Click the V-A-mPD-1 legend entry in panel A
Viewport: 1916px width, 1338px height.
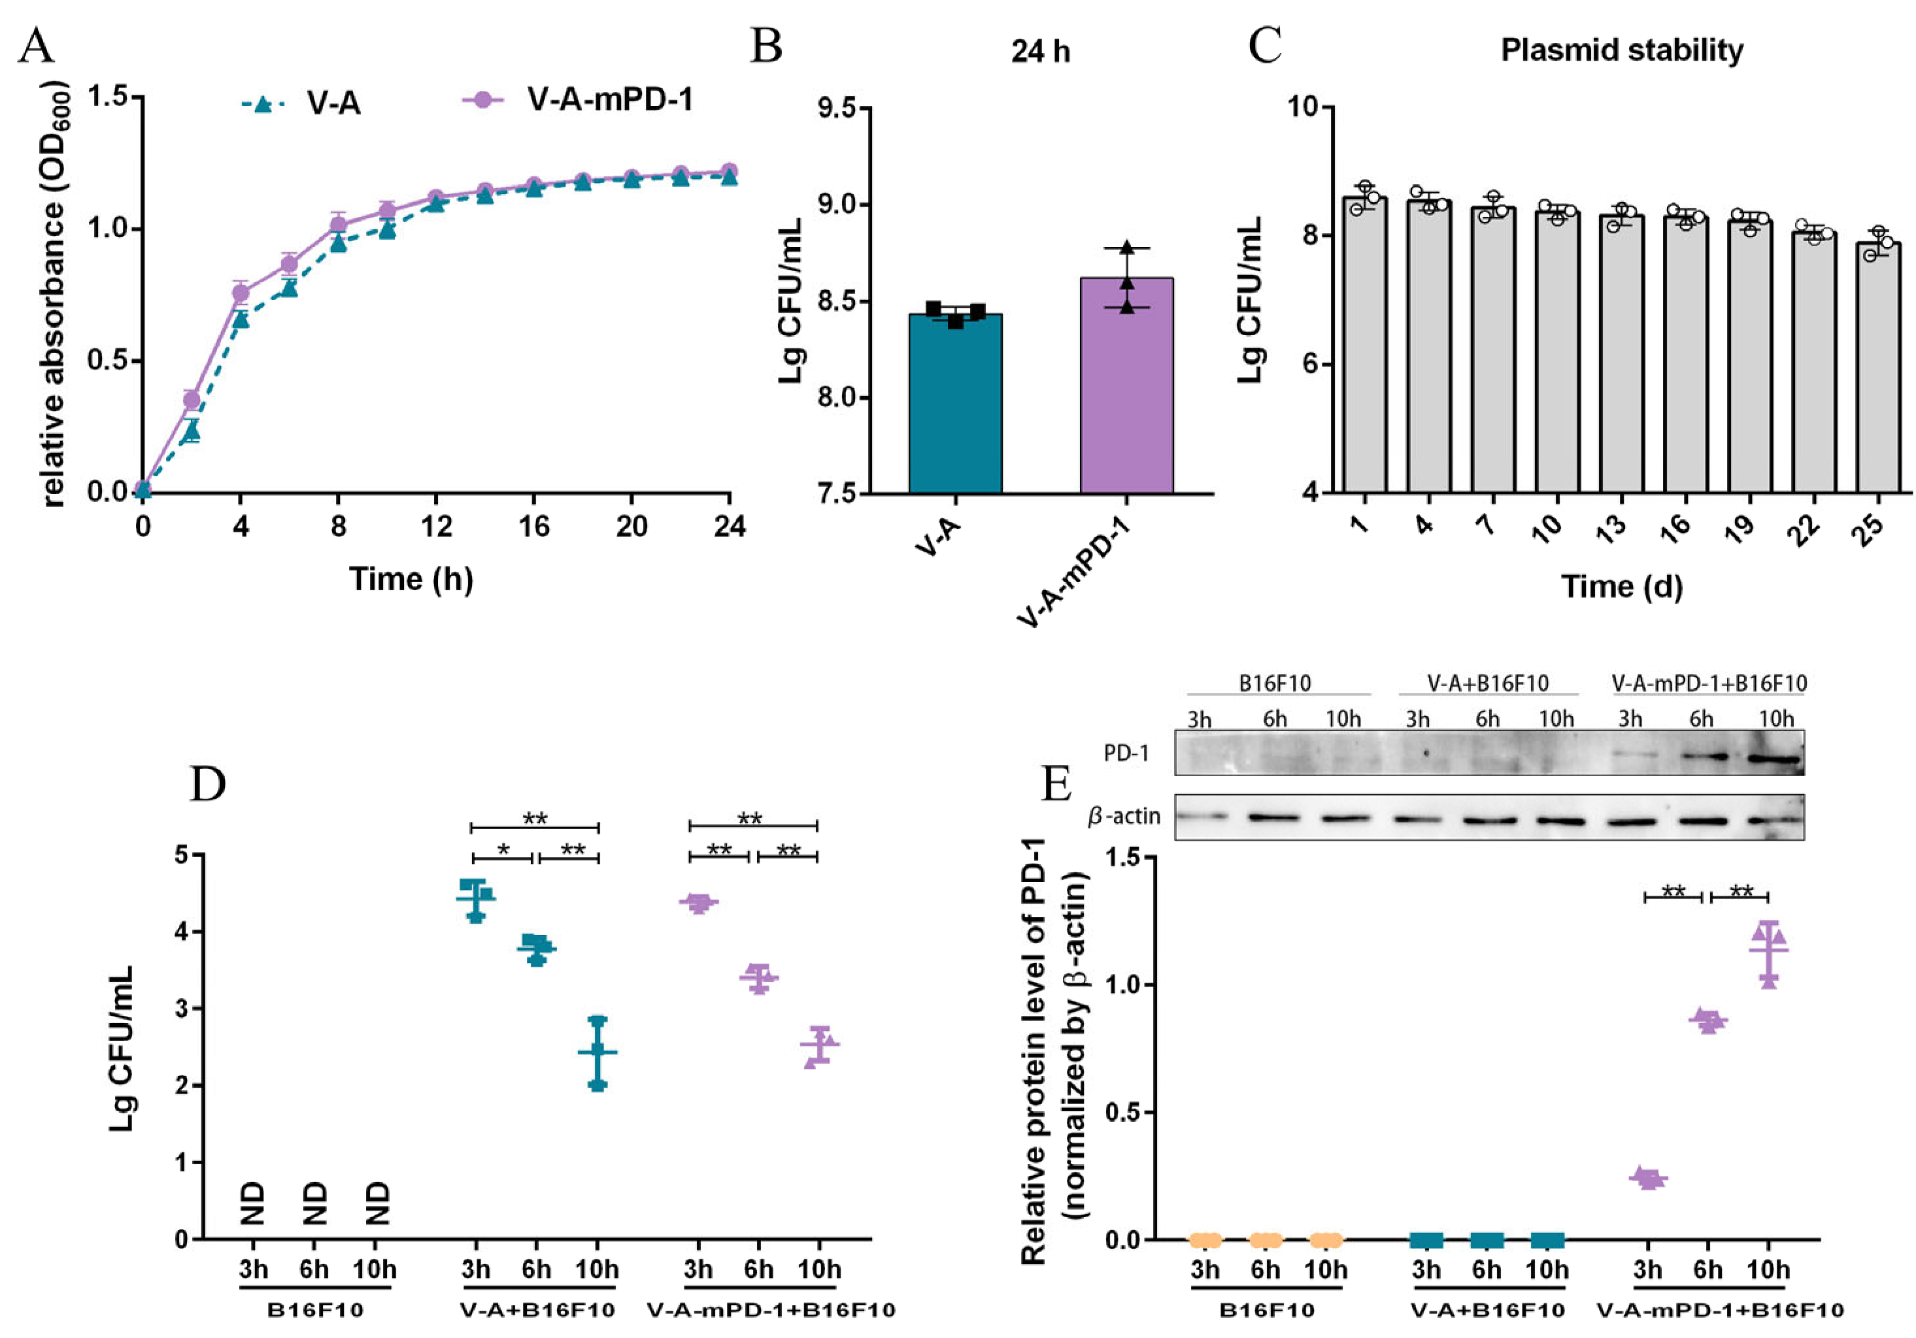[x=609, y=100]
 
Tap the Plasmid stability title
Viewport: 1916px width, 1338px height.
[x=1621, y=51]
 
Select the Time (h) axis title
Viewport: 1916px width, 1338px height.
[x=411, y=578]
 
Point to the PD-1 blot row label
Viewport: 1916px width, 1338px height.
[x=1126, y=753]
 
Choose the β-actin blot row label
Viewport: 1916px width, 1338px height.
[x=1124, y=816]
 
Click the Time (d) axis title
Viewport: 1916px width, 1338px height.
[x=1621, y=587]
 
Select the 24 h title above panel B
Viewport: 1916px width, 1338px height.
[x=1040, y=52]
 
